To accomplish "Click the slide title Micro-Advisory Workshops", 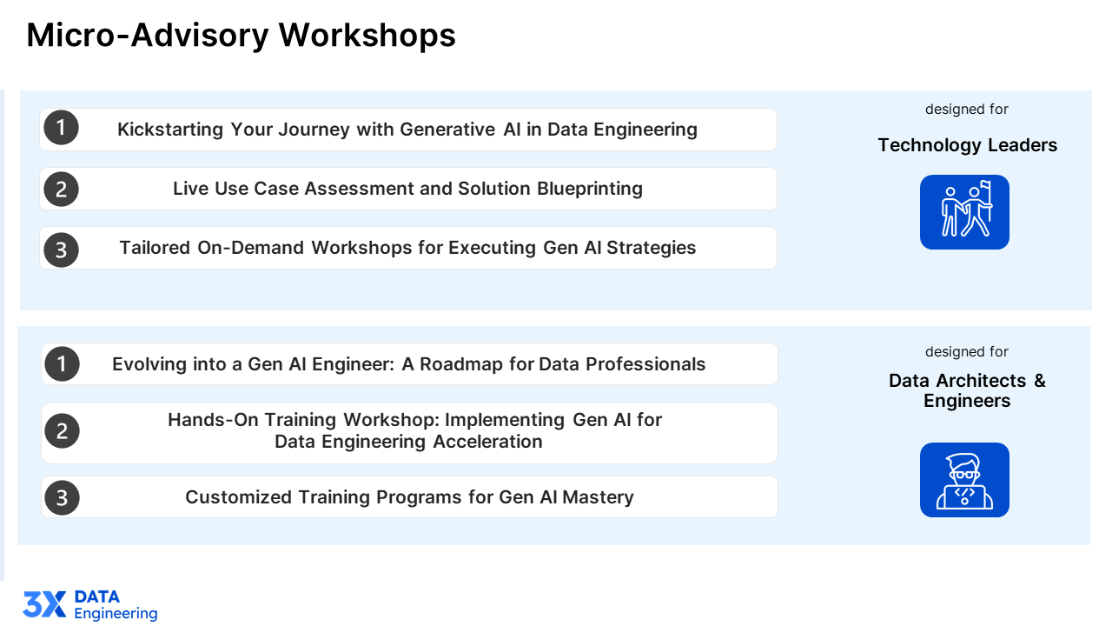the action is [241, 36].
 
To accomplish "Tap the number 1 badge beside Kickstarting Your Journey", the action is [61, 128].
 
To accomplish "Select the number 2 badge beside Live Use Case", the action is [61, 190].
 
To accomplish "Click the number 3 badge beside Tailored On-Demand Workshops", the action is [61, 250].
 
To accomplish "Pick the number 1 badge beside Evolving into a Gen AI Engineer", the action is [62, 364].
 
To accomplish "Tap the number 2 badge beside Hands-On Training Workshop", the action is [62, 430].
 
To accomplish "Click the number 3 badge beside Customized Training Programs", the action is [62, 497].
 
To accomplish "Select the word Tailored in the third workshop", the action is [155, 248].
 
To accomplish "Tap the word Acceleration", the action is [487, 442].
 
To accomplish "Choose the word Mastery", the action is [598, 497].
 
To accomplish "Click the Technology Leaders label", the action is [968, 145].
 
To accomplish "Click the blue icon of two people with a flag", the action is [964, 212].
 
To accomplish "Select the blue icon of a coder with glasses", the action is [964, 480].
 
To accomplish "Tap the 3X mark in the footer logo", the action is [44, 604].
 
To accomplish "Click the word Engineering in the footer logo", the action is [116, 614].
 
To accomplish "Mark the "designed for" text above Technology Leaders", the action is [967, 110].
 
